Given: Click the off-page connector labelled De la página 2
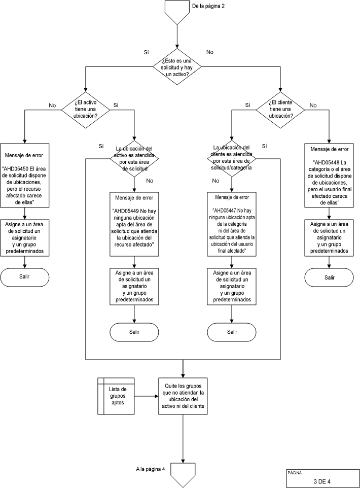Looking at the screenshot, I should click(x=177, y=12).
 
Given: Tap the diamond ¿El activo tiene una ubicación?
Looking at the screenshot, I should click(x=86, y=108).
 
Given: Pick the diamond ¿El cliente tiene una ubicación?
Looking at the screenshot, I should click(x=280, y=108).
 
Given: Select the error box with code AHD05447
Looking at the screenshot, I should click(x=232, y=223).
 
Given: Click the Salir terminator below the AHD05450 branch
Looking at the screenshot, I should click(x=25, y=276).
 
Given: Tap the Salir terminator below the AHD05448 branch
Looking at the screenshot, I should click(x=329, y=277).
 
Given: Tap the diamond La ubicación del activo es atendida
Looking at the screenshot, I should click(x=134, y=158).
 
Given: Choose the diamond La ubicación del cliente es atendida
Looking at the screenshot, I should click(x=232, y=158).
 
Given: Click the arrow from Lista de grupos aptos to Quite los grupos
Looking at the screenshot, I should click(x=146, y=396).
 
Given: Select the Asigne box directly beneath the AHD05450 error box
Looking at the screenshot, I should click(x=25, y=237).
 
